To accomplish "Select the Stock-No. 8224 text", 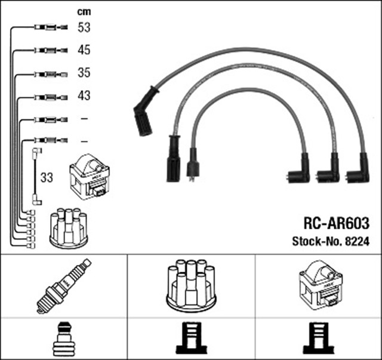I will coord(331,242).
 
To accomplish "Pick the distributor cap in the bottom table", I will coord(190,285).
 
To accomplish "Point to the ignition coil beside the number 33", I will coord(90,177).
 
